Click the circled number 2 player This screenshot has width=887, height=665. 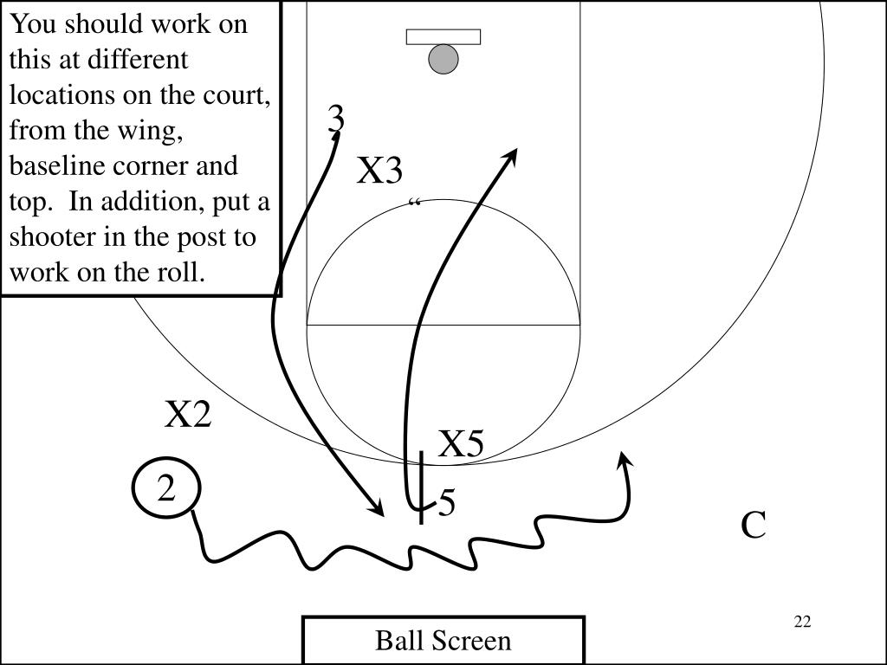point(166,490)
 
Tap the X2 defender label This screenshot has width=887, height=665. point(189,415)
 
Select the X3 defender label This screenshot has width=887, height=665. point(380,171)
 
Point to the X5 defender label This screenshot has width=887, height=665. point(460,444)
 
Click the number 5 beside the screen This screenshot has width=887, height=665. point(447,503)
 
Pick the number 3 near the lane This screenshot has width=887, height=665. point(336,119)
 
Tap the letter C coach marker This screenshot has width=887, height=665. point(754,525)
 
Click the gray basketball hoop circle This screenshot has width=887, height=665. point(443,59)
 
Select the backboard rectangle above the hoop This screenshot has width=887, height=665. point(443,37)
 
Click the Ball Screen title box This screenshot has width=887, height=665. point(443,641)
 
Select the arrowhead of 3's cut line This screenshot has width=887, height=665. point(379,511)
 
